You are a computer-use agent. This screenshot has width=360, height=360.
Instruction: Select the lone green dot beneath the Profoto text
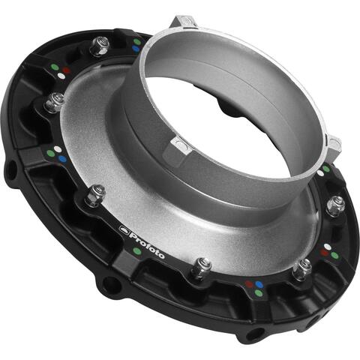point(136,251)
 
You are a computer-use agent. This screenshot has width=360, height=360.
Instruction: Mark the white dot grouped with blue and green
point(247,283)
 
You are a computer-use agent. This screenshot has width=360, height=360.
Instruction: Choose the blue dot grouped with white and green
point(259,285)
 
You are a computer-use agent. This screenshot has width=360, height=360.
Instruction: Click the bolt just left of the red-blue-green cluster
point(302,266)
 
